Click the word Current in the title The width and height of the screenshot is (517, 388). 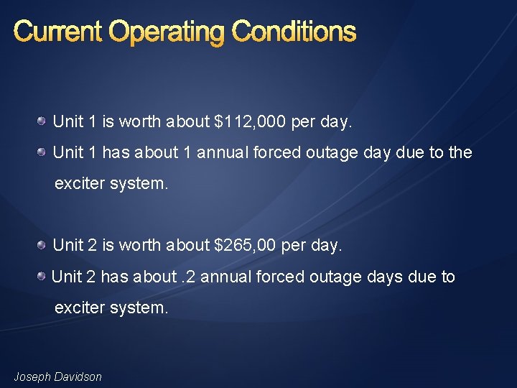pyautogui.click(x=57, y=32)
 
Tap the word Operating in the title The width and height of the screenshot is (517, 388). pyautogui.click(x=166, y=32)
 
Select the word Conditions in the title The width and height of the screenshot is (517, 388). pyautogui.click(x=294, y=32)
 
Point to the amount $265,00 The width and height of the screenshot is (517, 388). pyautogui.click(x=246, y=245)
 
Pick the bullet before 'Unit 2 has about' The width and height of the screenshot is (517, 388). pyautogui.click(x=45, y=277)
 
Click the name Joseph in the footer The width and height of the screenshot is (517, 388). pyautogui.click(x=32, y=377)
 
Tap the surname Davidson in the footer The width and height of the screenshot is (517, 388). pyautogui.click(x=78, y=377)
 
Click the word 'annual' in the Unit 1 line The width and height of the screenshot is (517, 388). pyautogui.click(x=221, y=152)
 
